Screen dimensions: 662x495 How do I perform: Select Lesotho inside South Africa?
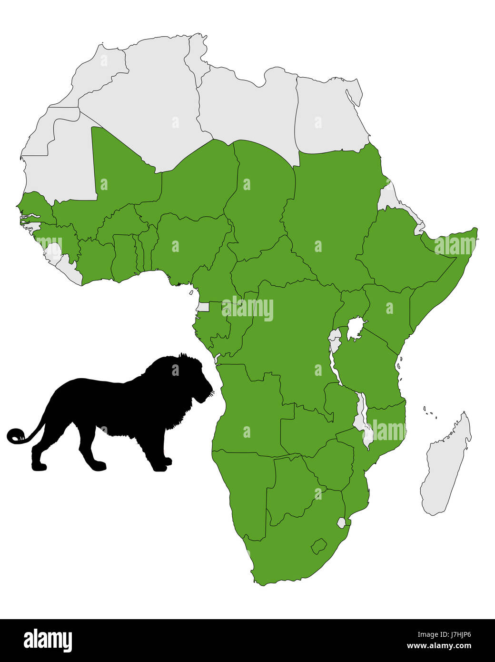[x=318, y=546]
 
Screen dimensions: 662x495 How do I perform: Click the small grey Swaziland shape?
[x=341, y=522]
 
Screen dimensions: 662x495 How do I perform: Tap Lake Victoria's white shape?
[x=354, y=329]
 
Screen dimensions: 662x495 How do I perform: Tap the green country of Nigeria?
[x=190, y=243]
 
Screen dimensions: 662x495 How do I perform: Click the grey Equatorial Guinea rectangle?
[x=203, y=307]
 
